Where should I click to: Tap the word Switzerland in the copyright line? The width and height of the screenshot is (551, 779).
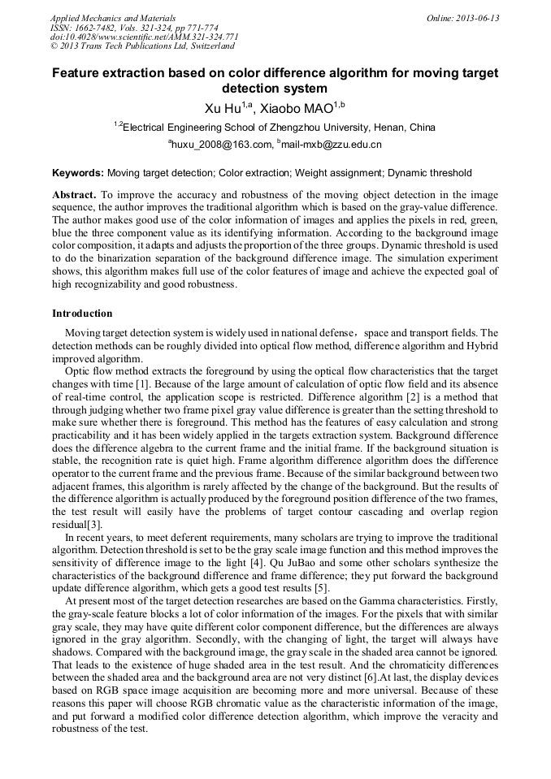tap(205, 46)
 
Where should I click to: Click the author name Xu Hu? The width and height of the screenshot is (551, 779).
tap(220, 108)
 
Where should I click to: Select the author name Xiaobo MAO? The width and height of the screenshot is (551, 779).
tap(296, 108)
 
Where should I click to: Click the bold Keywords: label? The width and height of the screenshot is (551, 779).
tap(78, 173)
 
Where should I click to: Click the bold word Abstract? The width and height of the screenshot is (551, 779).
tap(73, 196)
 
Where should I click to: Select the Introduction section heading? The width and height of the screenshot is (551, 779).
tap(82, 314)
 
